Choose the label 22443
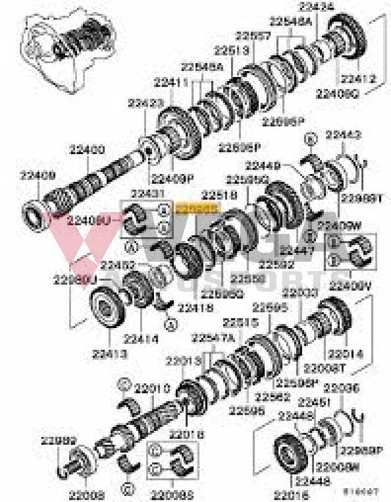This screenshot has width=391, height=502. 343,135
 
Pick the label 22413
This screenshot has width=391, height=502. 109,354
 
